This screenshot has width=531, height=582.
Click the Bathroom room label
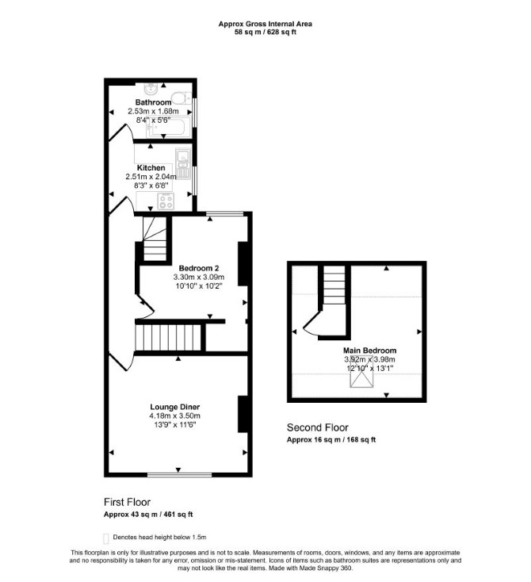point(153,102)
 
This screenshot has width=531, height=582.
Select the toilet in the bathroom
point(183,98)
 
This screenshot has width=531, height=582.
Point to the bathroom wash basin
point(151,89)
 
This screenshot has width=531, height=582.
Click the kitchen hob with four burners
point(166,201)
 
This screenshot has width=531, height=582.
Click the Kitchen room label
point(151,168)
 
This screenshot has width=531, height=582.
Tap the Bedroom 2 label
point(199,268)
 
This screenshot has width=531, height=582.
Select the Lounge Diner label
point(175,408)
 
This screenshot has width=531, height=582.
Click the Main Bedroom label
point(369,350)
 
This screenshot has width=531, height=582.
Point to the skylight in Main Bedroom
point(361,372)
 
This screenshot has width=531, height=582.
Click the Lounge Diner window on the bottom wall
point(180,474)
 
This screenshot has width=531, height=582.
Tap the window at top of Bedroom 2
point(225,213)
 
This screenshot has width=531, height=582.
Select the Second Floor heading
point(318,427)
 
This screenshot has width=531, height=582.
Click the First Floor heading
point(128,502)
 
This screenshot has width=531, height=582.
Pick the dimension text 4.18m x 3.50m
point(175,416)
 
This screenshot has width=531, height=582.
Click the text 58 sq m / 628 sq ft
point(265,32)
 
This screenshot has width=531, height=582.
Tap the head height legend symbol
point(105,538)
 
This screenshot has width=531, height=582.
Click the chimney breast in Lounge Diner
point(243,414)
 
